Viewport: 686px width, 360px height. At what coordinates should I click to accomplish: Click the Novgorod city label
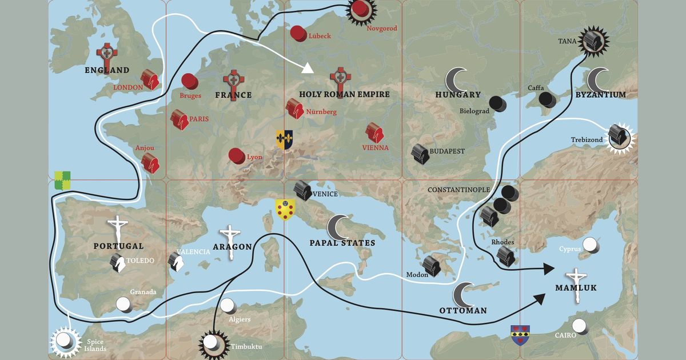(x=381, y=28)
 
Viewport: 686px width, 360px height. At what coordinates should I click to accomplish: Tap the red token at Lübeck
(x=298, y=33)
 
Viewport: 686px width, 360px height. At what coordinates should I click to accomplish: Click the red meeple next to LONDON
(x=150, y=79)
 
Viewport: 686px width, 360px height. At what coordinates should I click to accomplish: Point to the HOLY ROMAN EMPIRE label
(x=344, y=94)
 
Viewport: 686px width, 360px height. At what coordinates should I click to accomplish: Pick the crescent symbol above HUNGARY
(x=457, y=79)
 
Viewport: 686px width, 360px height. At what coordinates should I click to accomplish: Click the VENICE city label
(x=326, y=194)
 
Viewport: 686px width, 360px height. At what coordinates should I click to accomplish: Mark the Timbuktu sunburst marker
(x=214, y=344)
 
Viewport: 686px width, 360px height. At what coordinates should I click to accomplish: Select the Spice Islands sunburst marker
(x=64, y=341)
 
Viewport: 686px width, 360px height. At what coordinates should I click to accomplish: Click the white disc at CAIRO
(x=580, y=326)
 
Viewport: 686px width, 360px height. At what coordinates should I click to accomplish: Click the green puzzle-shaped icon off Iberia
(x=62, y=180)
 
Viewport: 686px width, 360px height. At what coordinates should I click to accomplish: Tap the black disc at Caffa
(x=548, y=100)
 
